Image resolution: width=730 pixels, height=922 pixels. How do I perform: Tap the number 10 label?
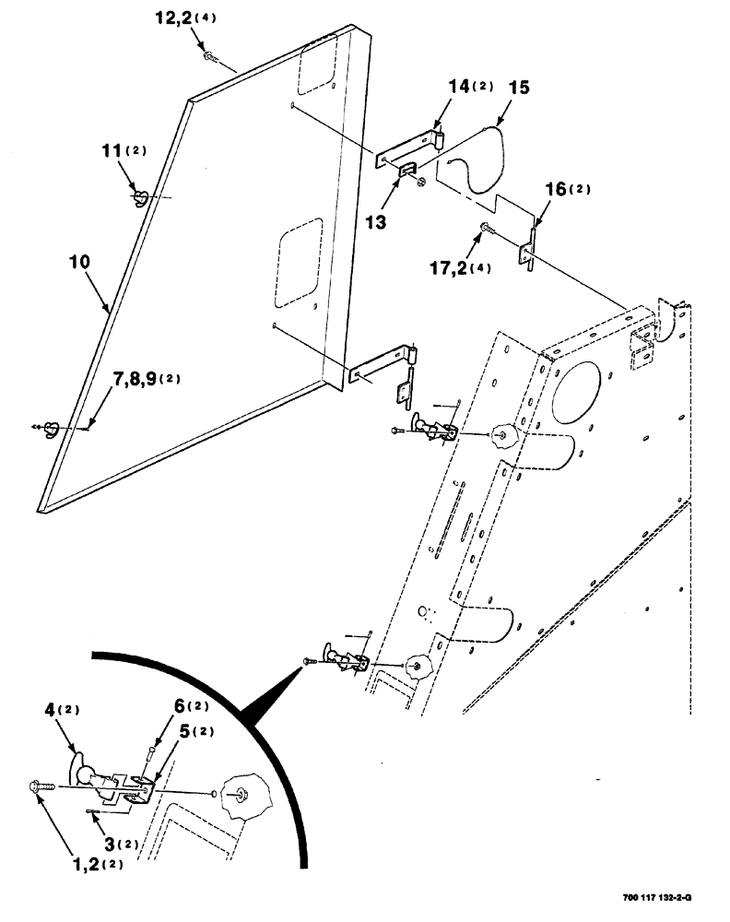click(80, 262)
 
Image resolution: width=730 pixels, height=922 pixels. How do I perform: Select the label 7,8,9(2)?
click(147, 380)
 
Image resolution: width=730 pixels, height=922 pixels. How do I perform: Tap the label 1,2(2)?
click(97, 864)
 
